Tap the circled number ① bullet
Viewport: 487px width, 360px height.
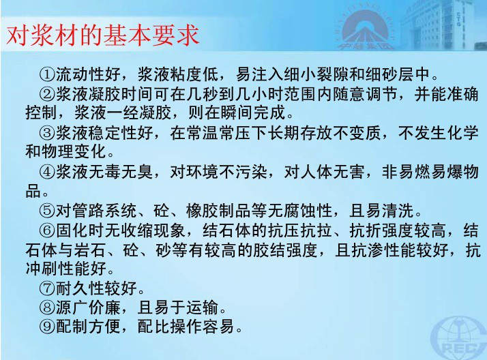47,74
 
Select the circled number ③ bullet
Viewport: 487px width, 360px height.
47,133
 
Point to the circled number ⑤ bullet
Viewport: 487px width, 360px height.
47,211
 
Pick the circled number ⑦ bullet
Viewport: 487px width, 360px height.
47,288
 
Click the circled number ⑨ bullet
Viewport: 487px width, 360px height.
47,326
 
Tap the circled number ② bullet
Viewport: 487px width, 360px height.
47,93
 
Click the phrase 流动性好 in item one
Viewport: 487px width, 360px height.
88,74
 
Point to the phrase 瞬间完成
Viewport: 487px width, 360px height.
254,112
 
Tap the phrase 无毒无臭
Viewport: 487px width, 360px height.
121,172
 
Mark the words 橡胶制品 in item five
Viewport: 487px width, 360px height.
218,211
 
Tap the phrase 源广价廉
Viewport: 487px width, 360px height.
88,307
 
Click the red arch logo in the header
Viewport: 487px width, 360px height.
366,29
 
